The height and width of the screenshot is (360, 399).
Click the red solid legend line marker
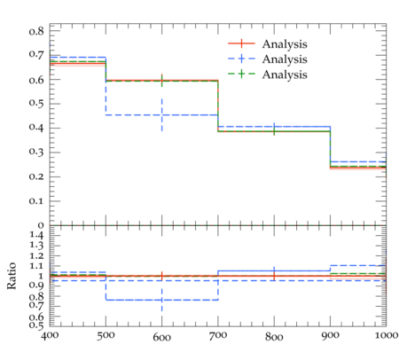coord(241,43)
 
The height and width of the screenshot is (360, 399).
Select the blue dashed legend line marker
coord(241,59)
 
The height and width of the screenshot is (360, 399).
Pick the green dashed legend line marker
coord(241,74)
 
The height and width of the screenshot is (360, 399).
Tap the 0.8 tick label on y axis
coord(36,31)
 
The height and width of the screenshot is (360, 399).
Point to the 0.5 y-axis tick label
coord(36,104)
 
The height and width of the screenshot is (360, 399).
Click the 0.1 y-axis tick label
coord(36,201)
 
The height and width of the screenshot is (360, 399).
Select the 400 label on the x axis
coord(50,335)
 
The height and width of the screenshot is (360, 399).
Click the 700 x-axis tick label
coord(218,336)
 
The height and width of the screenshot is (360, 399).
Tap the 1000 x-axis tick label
coord(387,335)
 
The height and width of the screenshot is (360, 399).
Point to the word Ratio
coord(12,276)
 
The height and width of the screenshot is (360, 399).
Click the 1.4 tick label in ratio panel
coord(36,236)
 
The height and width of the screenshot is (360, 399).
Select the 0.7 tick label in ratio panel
coord(36,305)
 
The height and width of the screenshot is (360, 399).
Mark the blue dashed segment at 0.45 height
coord(162,114)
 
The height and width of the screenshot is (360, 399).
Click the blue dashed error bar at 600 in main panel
coord(162,114)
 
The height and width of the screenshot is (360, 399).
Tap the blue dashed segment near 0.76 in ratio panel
coord(162,300)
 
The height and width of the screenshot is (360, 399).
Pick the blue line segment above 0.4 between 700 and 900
coord(274,127)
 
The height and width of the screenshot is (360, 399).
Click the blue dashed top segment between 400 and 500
coord(78,57)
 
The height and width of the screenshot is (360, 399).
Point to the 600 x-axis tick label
coord(162,337)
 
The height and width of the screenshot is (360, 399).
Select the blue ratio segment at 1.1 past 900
coord(358,265)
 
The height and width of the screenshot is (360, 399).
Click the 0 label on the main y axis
coord(41,225)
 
